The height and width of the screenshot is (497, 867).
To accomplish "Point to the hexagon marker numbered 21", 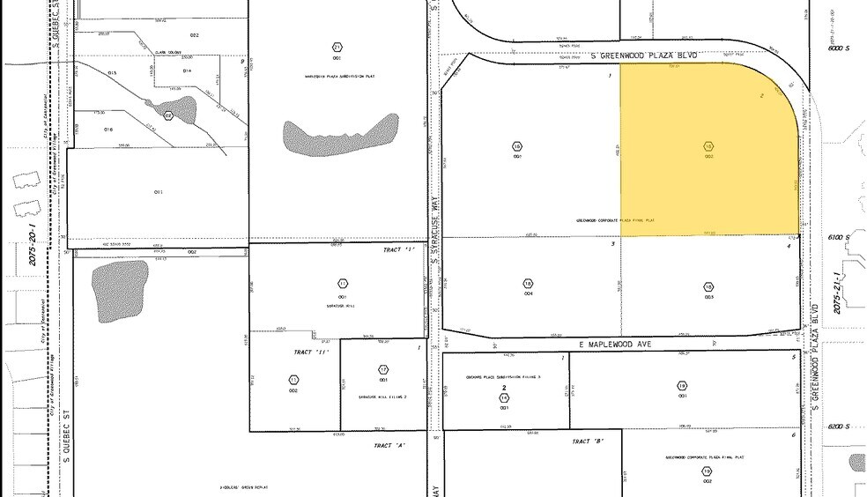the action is point(337,48).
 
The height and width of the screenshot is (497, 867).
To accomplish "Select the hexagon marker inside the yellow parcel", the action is point(708,146).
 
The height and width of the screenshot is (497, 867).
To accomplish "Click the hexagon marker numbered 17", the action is point(383,369).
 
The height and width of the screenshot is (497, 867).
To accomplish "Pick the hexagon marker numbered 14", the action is point(505,397).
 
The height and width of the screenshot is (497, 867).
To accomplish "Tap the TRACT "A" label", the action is point(389,446).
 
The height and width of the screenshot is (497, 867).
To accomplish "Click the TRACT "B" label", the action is point(588,441).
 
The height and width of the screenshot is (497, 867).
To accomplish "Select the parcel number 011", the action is point(159,191).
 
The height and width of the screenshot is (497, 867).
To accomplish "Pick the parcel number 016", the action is point(108,129).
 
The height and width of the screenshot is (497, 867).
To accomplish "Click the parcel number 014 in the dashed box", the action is point(187,70).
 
